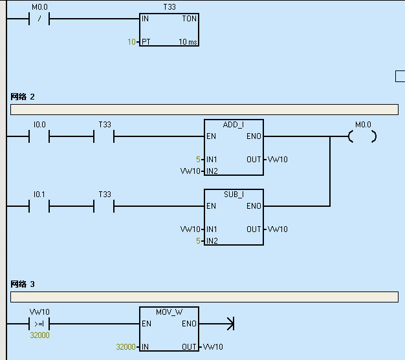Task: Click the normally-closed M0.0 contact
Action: (x=39, y=19)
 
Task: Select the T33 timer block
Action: (x=170, y=30)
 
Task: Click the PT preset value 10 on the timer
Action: (x=131, y=42)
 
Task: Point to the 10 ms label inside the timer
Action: (x=188, y=42)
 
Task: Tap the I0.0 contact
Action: (x=39, y=136)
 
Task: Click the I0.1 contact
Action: (x=39, y=206)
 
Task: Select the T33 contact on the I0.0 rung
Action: (x=104, y=136)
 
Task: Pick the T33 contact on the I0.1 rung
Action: (x=104, y=206)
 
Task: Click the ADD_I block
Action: (x=234, y=147)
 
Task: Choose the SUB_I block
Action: (x=234, y=217)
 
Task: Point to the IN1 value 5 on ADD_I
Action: (x=199, y=159)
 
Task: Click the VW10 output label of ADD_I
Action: (x=278, y=159)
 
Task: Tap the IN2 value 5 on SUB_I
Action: (x=199, y=241)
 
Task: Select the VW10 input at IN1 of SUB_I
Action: (x=190, y=229)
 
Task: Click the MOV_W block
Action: (x=170, y=330)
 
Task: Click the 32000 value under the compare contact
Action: (x=39, y=335)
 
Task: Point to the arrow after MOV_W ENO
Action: (x=228, y=323)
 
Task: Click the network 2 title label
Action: (x=23, y=96)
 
